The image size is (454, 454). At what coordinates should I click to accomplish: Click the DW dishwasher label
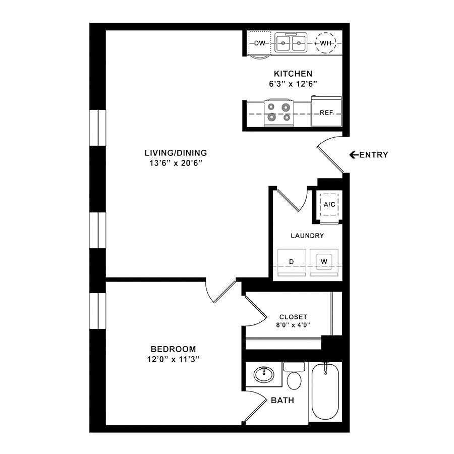(260, 43)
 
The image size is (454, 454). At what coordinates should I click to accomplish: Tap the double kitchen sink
(291, 43)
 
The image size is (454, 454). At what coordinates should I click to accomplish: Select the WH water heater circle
(325, 43)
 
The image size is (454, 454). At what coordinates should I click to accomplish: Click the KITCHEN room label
(293, 74)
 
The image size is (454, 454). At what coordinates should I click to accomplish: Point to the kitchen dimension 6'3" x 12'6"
(293, 84)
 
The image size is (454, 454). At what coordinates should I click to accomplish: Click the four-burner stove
(279, 112)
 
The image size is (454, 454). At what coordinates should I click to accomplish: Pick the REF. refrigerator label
(327, 112)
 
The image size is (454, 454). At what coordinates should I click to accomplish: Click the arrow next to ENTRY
(354, 155)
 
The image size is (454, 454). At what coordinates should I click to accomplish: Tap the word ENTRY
(373, 155)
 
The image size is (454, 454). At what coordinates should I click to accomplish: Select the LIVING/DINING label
(176, 153)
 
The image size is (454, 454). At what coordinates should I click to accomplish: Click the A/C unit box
(329, 204)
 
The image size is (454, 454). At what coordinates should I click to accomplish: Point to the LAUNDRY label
(307, 236)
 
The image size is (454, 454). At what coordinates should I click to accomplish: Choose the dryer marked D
(292, 262)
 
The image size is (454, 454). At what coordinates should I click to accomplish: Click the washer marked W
(324, 262)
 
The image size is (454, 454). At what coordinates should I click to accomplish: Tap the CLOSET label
(293, 317)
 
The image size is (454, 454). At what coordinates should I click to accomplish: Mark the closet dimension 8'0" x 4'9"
(293, 325)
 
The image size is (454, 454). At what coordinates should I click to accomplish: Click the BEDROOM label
(173, 349)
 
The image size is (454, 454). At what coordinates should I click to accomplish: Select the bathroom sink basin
(264, 374)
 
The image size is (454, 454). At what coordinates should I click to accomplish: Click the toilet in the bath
(294, 376)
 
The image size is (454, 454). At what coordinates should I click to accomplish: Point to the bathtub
(325, 391)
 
